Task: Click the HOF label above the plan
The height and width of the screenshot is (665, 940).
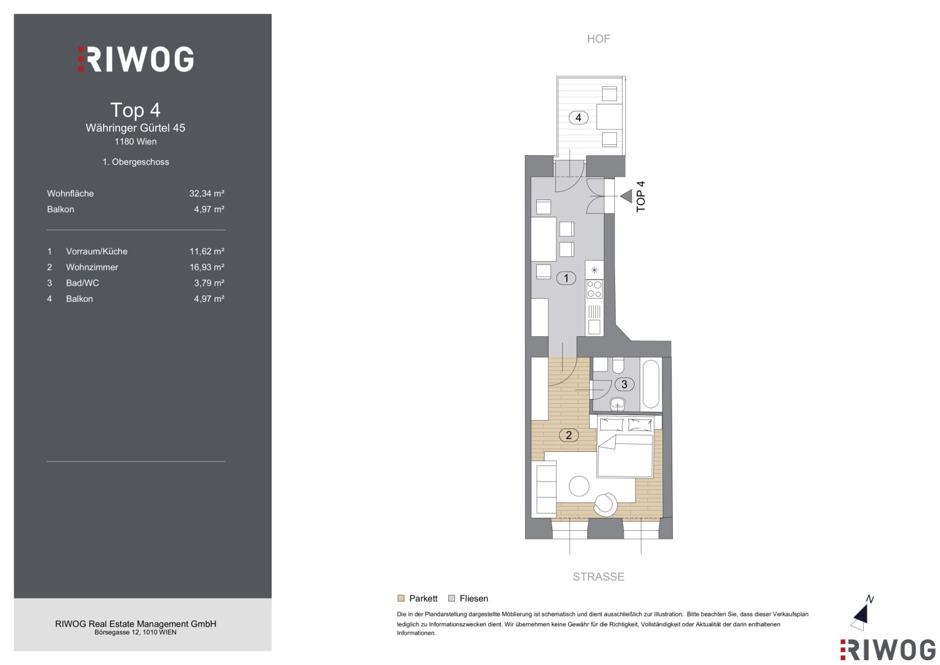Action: coord(598,39)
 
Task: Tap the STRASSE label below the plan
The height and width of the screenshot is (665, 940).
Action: coord(598,576)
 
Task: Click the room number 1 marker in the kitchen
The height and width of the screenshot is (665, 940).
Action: coord(566,278)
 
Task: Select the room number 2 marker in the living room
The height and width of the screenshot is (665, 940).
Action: coord(569,435)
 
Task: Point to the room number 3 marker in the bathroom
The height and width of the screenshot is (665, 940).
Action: coord(624,384)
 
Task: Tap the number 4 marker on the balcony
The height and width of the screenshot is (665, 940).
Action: coord(578,118)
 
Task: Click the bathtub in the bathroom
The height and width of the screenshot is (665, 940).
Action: coord(651,384)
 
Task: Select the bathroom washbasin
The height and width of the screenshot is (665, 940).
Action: coord(617,405)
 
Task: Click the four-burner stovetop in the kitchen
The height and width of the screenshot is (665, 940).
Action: coord(594,289)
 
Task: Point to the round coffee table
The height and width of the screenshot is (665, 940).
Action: coord(579,486)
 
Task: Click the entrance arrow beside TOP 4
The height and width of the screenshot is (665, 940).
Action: coord(626,196)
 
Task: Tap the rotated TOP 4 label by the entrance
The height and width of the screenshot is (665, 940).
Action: coord(640,196)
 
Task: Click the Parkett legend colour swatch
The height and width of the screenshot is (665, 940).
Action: coord(401,598)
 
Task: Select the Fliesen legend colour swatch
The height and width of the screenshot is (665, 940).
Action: coord(452,598)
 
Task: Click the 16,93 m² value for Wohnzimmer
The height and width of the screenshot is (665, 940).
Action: coord(207,267)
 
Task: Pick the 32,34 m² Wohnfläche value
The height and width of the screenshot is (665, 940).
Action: coord(207,193)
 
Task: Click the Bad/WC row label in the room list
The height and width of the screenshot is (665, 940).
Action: coord(82,283)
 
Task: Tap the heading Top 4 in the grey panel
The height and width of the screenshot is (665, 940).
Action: coord(135,110)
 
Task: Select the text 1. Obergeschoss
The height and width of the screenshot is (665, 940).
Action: coord(135,162)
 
